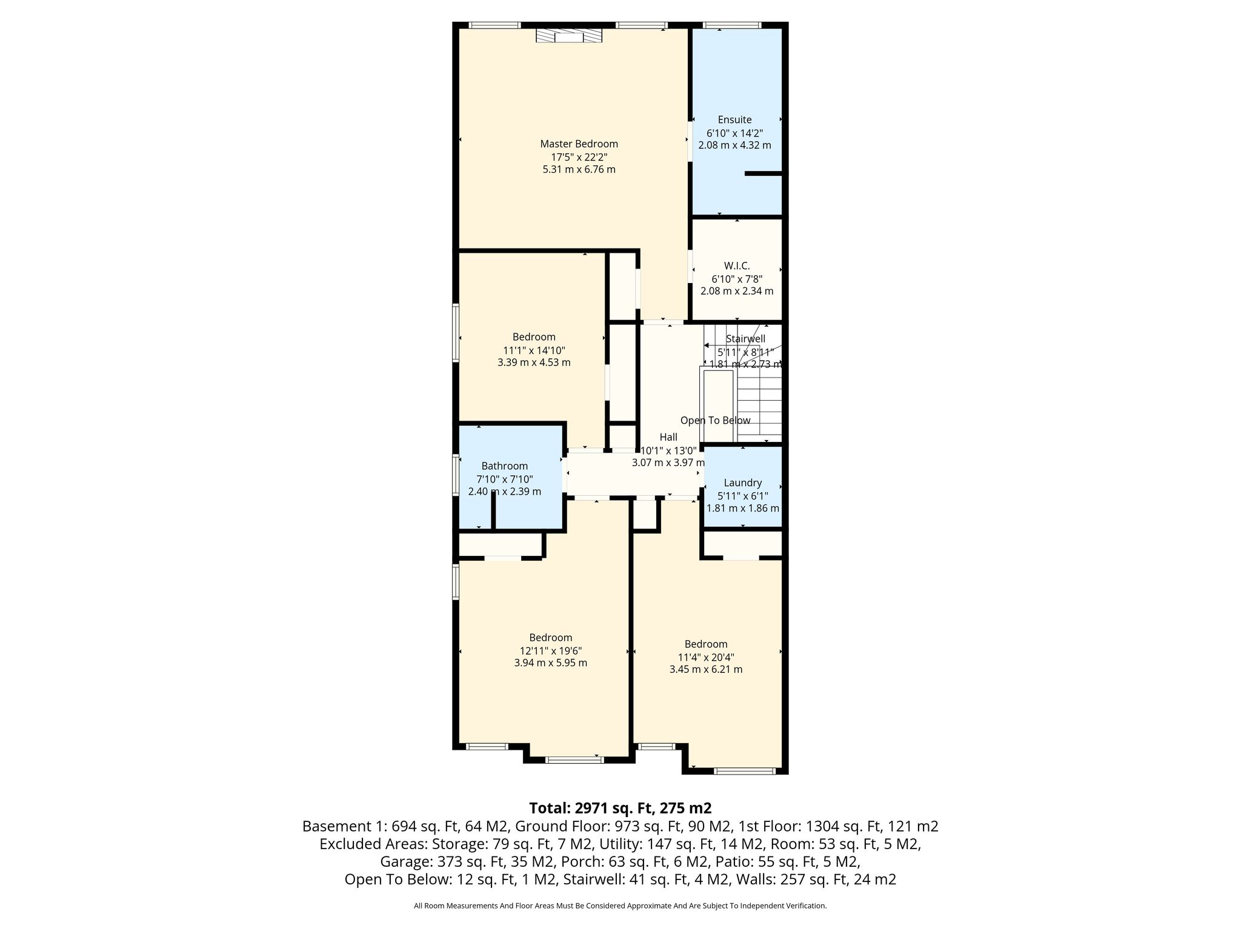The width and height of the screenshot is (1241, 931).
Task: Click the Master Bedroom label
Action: tap(579, 144)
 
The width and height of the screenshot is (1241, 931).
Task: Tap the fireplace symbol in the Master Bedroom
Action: tap(569, 37)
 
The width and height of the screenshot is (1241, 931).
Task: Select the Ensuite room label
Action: tap(734, 120)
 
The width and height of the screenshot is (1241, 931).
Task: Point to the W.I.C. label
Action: tap(737, 266)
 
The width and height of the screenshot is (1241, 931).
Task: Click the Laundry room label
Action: tap(742, 483)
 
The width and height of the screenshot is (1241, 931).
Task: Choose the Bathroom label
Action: tap(504, 466)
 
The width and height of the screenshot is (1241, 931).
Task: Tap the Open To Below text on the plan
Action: tap(715, 421)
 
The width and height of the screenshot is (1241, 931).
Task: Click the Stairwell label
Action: tap(745, 339)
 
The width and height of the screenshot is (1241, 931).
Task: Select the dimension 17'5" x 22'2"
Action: tap(579, 157)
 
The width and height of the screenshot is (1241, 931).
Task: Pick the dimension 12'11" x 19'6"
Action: tap(550, 650)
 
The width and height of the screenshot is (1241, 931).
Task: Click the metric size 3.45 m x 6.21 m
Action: tap(705, 670)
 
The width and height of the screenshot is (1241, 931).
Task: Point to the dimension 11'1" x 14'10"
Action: tap(534, 350)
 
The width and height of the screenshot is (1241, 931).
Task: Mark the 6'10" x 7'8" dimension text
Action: tap(737, 279)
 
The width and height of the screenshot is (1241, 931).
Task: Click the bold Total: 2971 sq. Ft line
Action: tap(620, 808)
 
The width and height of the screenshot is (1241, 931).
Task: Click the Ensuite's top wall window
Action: tap(732, 25)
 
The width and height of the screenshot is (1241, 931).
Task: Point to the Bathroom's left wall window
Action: tap(456, 476)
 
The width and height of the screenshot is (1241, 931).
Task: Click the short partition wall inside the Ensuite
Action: tap(764, 174)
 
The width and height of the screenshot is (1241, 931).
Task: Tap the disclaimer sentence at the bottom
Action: tap(620, 906)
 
